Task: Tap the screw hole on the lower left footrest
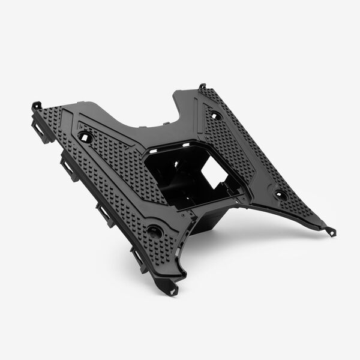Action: [x=154, y=230]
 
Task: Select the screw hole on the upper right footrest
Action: [x=216, y=115]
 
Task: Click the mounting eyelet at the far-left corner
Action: [x=36, y=106]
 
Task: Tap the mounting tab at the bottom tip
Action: [x=173, y=291]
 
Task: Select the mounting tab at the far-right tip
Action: [x=332, y=231]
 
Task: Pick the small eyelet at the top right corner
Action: [x=202, y=86]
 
